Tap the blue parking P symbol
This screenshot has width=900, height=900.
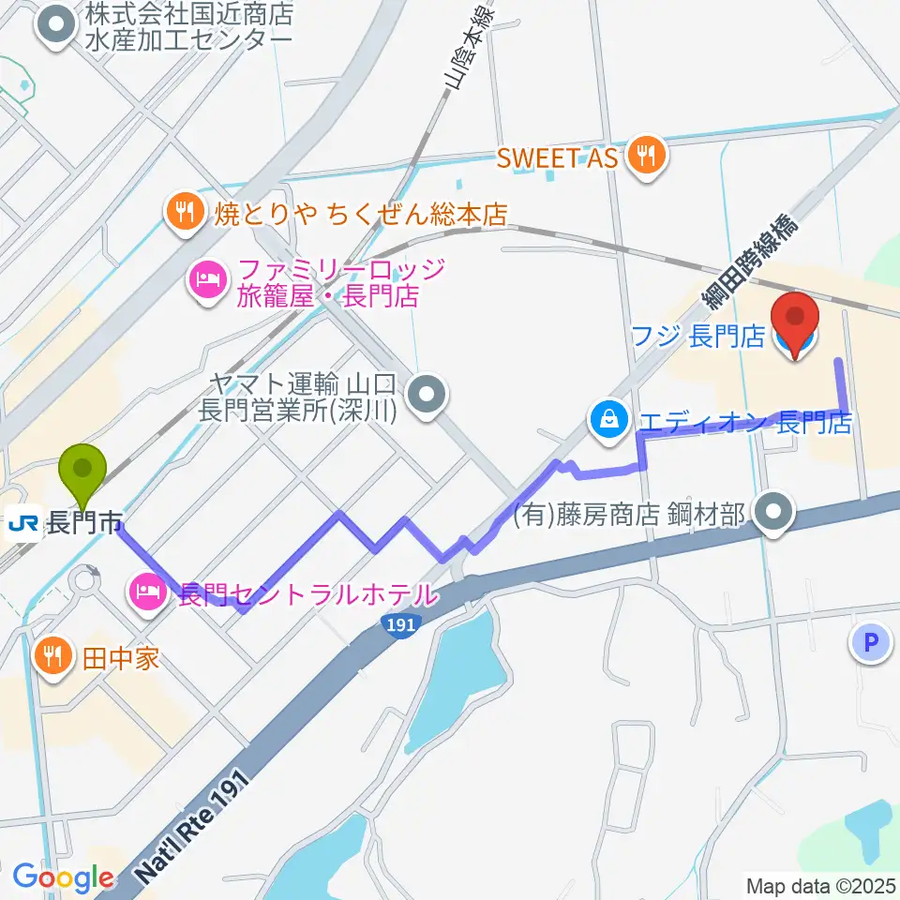pyautogui.click(x=871, y=643)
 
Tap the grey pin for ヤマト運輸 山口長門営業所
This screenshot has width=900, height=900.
pyautogui.click(x=428, y=395)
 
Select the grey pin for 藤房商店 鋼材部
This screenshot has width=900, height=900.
pyautogui.click(x=774, y=513)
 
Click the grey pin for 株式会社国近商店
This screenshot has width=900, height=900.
pyautogui.click(x=56, y=25)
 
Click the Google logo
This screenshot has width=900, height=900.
pyautogui.click(x=63, y=878)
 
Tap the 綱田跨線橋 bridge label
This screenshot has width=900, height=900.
pyautogui.click(x=751, y=262)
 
